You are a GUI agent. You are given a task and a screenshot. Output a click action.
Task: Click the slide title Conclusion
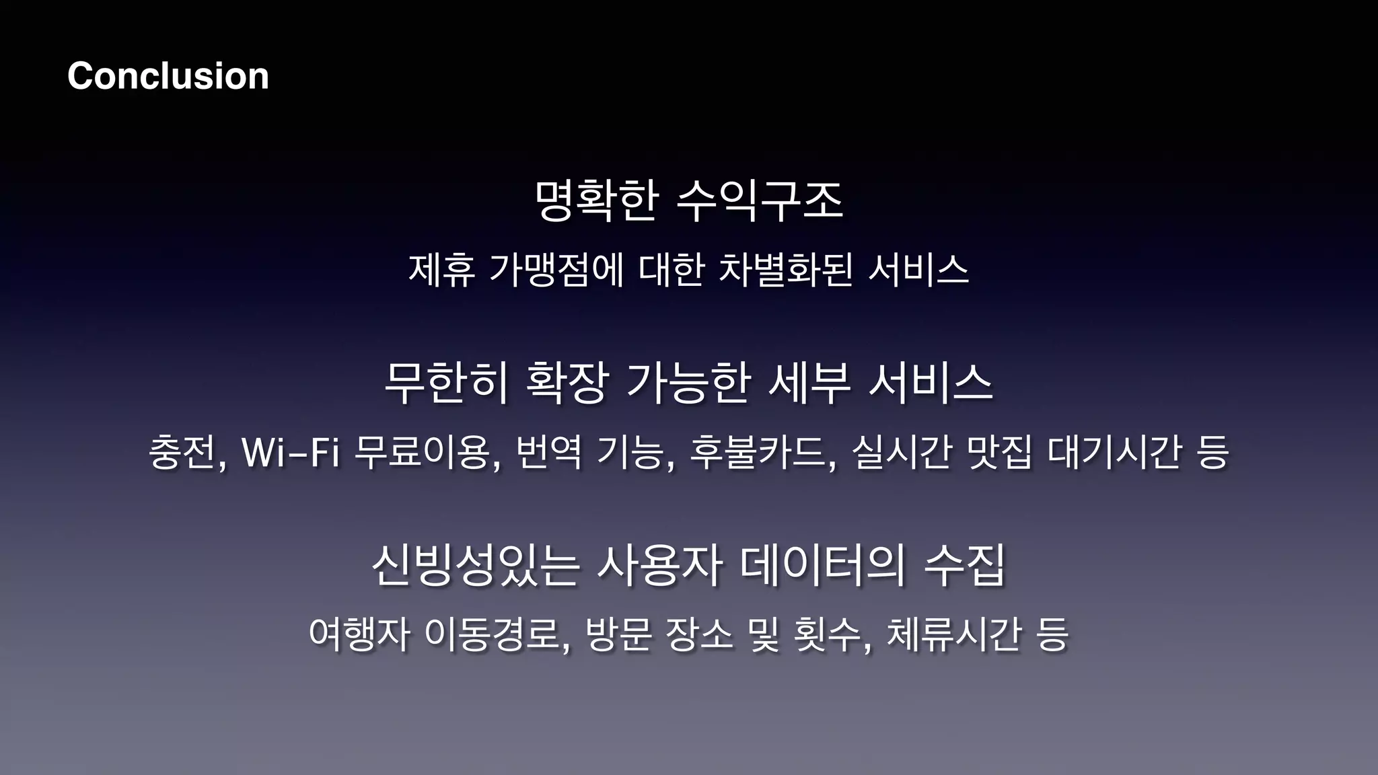pyautogui.click(x=168, y=75)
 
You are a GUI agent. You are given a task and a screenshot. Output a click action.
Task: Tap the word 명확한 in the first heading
pyautogui.click(x=596, y=200)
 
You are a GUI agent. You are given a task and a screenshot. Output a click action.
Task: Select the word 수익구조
pyautogui.click(x=759, y=200)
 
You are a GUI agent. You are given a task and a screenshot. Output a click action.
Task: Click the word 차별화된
pyautogui.click(x=786, y=270)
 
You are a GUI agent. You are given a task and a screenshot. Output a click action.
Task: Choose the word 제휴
pyautogui.click(x=442, y=270)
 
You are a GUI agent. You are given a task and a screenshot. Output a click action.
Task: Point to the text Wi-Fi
pyautogui.click(x=290, y=452)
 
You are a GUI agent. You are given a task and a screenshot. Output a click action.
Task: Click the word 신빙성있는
pyautogui.click(x=475, y=565)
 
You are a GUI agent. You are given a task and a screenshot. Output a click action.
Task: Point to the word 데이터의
pyautogui.click(x=822, y=565)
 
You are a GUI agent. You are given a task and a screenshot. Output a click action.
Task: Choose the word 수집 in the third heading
pyautogui.click(x=965, y=565)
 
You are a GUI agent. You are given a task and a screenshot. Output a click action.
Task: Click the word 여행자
pyautogui.click(x=359, y=634)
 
